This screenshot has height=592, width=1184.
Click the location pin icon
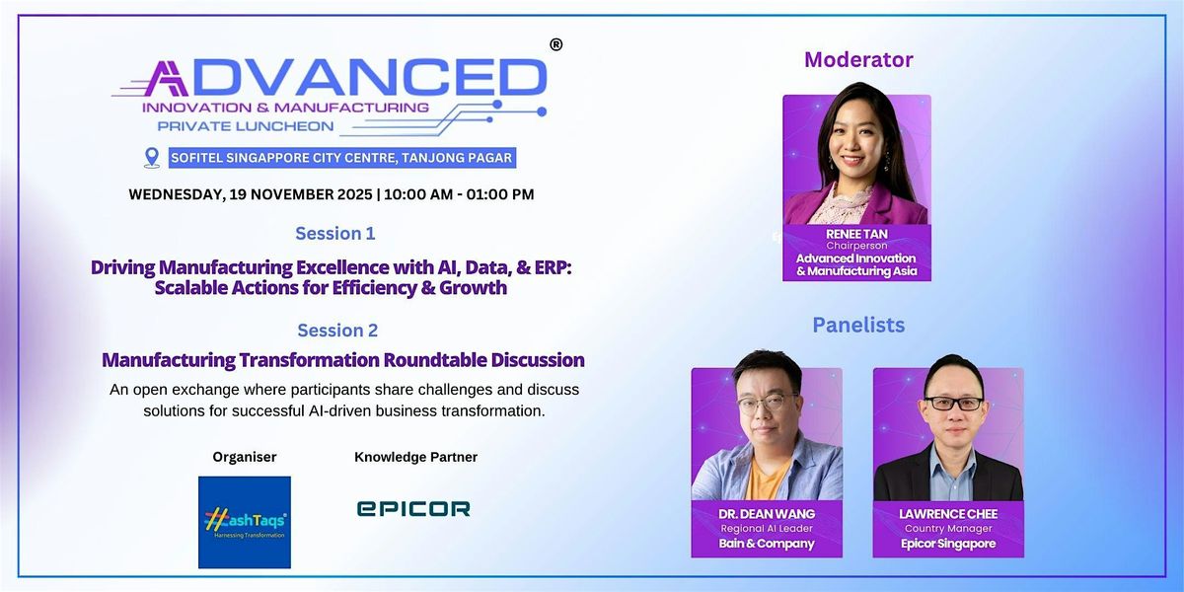pos(152,158)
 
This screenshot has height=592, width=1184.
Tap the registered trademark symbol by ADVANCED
pos(555,45)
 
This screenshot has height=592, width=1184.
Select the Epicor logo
pos(413,508)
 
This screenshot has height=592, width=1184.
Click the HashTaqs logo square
pos(245,522)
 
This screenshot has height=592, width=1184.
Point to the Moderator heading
pos(858,60)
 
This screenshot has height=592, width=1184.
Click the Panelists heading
pos(858,325)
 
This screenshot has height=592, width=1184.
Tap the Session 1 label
pos(335,233)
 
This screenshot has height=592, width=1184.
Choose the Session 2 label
pos(337,330)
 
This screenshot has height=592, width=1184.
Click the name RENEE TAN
pos(856,234)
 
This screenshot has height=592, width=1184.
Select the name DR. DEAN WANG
pos(767,514)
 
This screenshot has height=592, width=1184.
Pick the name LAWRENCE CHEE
pos(948,514)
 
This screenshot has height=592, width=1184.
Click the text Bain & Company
pos(767,544)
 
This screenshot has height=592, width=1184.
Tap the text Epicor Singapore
pos(948,544)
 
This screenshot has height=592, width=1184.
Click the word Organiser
pos(245,457)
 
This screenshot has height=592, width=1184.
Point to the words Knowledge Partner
pos(415,457)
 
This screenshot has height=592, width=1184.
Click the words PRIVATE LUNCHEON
pos(246,126)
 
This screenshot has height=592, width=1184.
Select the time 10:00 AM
pos(418,194)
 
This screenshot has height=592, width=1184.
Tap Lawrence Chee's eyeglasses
pos(954,404)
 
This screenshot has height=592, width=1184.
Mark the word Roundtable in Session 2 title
pos(435,360)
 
